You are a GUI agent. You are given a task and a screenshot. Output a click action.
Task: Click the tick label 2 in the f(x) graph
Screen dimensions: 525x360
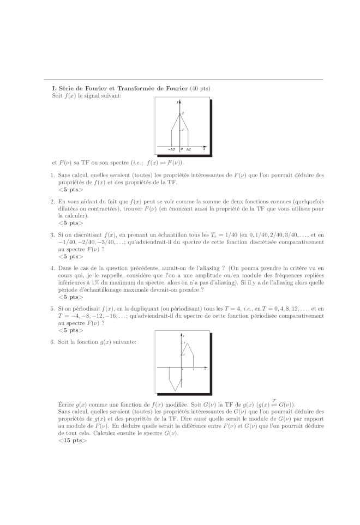183,113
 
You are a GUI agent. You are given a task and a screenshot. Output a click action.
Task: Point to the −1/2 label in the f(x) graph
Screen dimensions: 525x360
171,149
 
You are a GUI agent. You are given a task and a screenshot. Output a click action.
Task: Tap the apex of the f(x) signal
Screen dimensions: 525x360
180,113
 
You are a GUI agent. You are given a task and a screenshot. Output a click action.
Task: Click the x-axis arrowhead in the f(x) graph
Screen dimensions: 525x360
204,147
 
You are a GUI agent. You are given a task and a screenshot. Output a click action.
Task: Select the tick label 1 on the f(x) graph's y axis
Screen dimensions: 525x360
183,130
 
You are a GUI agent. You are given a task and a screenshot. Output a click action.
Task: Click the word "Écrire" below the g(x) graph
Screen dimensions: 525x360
67,405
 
